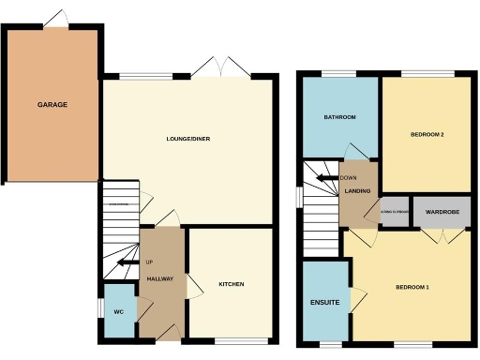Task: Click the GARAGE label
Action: tap(52, 104)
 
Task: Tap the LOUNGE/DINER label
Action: tap(188, 139)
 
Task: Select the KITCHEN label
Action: tap(232, 284)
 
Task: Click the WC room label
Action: tap(119, 312)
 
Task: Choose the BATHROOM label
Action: tap(339, 117)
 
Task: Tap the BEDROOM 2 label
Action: tap(427, 135)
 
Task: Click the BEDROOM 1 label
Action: tap(412, 286)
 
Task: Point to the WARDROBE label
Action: tap(440, 212)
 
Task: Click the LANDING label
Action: tap(358, 191)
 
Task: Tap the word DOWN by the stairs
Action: tap(349, 178)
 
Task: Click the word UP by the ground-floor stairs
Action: tap(148, 262)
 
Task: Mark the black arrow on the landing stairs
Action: tap(327, 178)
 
